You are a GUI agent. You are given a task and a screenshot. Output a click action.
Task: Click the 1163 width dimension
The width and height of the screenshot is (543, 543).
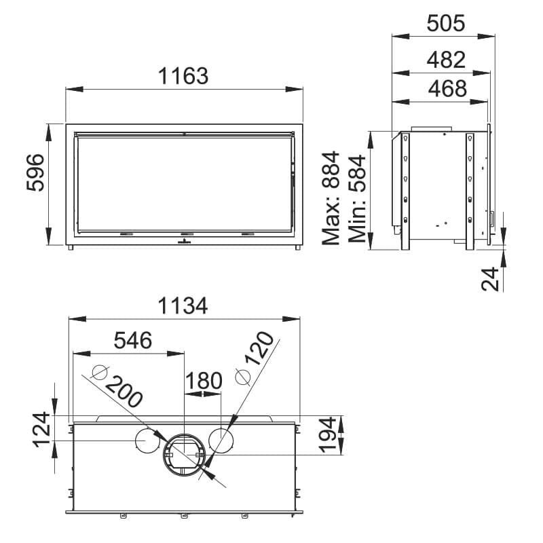pyautogui.click(x=183, y=76)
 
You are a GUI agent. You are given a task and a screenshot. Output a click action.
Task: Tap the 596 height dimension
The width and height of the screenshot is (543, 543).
pyautogui.click(x=36, y=172)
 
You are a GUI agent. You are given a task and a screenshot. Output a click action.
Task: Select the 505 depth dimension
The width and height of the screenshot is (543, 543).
pyautogui.click(x=446, y=24)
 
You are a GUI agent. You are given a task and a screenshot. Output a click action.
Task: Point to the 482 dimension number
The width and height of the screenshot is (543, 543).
pyautogui.click(x=446, y=60)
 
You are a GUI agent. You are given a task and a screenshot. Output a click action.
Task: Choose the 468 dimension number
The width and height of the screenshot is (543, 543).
pyautogui.click(x=447, y=89)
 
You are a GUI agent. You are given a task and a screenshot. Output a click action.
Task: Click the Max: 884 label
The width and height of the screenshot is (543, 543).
pyautogui.click(x=331, y=198)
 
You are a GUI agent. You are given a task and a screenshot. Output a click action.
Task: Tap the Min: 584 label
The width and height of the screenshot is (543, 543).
pyautogui.click(x=357, y=199)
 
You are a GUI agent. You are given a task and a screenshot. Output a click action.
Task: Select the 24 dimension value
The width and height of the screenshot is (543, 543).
pyautogui.click(x=490, y=279)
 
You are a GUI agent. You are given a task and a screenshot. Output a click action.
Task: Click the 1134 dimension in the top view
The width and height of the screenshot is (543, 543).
pyautogui.click(x=183, y=306)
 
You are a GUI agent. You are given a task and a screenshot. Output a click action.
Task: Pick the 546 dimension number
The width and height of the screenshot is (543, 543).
pyautogui.click(x=133, y=340)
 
